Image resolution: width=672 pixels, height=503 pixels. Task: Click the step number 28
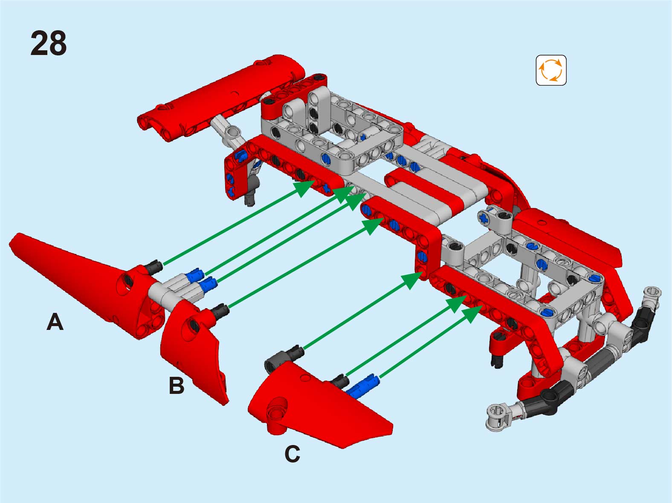48,43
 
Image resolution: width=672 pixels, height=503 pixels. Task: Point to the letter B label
177,385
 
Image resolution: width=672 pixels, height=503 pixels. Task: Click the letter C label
292,454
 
